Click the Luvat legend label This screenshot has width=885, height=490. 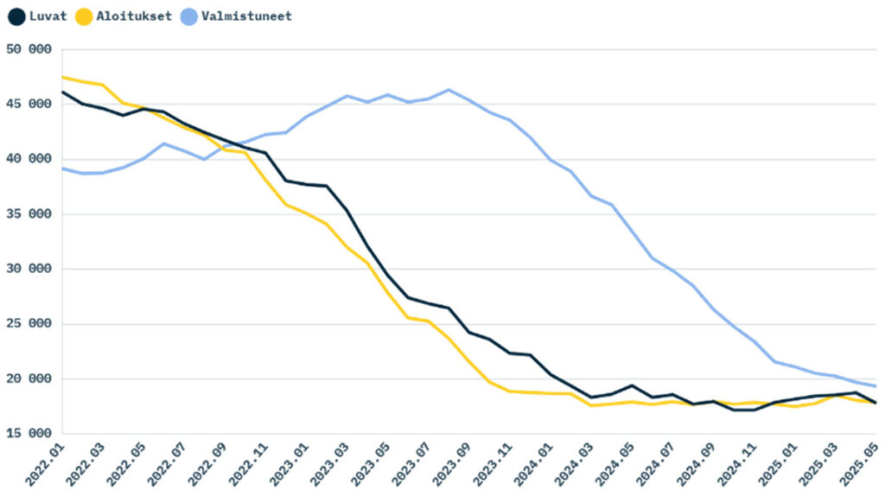point(48,16)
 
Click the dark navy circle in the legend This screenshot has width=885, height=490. point(16,16)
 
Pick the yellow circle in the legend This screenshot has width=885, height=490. point(84,16)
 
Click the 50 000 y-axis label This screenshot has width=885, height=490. point(29,49)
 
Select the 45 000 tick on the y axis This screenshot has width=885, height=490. point(29,104)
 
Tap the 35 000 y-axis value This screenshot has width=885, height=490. point(29,213)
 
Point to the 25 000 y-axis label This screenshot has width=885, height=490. point(29,324)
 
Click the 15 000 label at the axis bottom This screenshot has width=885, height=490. point(29,434)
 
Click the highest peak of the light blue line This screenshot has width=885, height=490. point(449,90)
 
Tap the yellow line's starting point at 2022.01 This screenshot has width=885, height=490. point(63,77)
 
